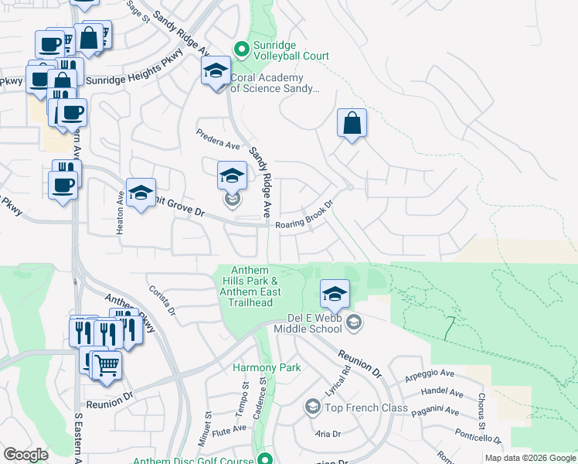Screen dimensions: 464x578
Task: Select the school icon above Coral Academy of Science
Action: coord(216,73)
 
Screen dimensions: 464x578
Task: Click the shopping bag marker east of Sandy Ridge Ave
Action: coord(352,124)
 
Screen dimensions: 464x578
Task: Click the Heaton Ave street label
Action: coord(121,210)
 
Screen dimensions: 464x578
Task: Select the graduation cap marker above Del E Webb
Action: coord(335,295)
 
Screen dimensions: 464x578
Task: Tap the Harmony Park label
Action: coord(267,367)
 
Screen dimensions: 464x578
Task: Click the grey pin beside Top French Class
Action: coord(312,407)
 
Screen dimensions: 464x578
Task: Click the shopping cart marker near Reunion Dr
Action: coord(107,364)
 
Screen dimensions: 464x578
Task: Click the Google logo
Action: coord(25,455)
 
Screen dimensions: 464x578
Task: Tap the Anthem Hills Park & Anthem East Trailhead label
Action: coord(246,285)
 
